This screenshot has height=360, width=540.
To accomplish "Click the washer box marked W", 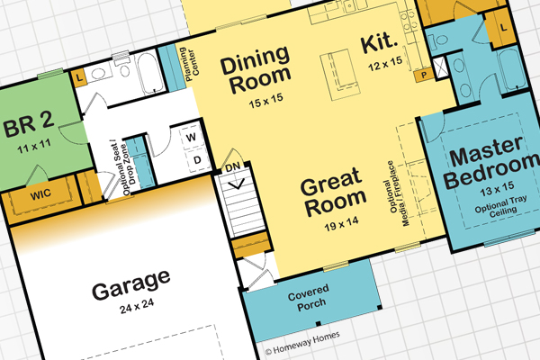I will tap(192, 138).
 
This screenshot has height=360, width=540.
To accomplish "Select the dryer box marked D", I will tap(192, 161).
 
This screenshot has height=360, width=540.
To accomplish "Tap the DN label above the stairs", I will tap(231, 166).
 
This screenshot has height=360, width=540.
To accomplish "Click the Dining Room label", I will tap(255, 75).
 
